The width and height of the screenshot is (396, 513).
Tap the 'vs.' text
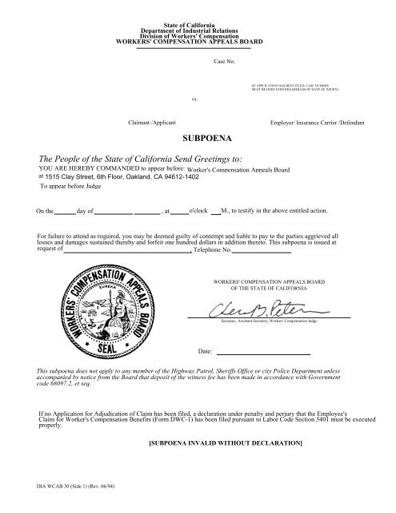(x=195, y=99)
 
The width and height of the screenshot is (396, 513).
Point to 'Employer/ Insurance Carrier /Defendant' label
(x=318, y=124)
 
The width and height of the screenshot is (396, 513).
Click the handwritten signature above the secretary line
(x=258, y=310)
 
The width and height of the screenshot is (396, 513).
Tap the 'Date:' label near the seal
(x=204, y=353)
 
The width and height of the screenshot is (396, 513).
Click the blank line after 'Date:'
(x=264, y=353)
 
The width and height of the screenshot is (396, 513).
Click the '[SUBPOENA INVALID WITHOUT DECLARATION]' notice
(x=226, y=442)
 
